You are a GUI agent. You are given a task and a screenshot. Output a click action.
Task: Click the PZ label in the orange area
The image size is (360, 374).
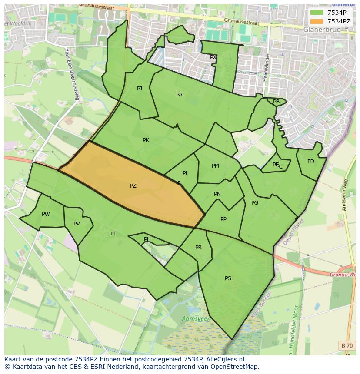133,186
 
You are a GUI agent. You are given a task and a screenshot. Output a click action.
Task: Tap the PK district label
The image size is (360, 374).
146,140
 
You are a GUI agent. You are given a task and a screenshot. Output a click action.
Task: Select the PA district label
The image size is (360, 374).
179,95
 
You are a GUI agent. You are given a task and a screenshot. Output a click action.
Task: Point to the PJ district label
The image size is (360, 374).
140,89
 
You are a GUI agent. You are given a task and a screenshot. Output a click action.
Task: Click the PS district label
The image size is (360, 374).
228,278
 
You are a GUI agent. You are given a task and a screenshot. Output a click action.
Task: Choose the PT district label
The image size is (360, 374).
113,234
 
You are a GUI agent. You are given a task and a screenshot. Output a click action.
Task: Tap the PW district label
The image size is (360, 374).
46,214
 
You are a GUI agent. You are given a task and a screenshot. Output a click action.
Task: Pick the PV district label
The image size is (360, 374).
77,224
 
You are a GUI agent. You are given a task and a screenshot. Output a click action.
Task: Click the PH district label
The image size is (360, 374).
147,239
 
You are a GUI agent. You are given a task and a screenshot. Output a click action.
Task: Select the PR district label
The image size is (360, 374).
198,248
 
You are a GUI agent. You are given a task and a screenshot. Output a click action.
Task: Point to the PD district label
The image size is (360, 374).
310,162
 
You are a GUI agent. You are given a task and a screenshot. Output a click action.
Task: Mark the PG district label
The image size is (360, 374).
255,203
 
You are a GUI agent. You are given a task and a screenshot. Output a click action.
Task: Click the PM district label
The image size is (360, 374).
215,166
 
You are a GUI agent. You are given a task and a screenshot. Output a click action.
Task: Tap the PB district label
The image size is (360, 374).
276,102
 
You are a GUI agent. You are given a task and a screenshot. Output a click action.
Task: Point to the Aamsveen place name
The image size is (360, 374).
197,319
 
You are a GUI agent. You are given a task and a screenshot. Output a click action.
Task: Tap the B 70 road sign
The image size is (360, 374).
347,345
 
